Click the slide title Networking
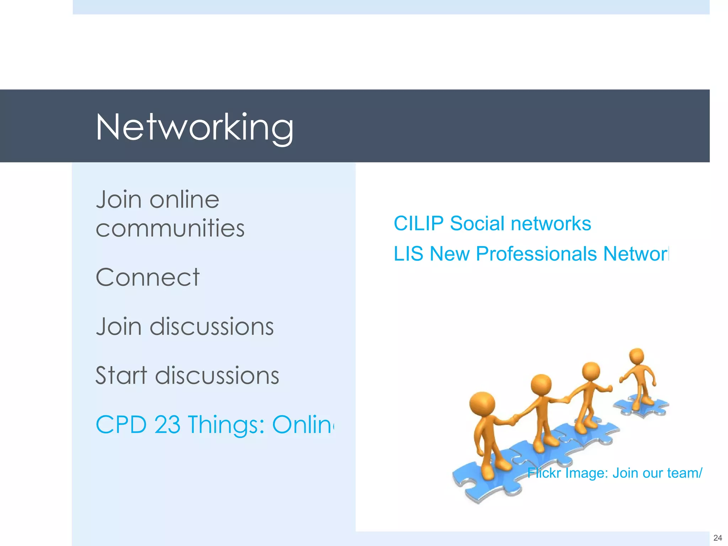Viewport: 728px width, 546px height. click(x=194, y=127)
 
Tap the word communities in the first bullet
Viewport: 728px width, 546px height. click(x=170, y=228)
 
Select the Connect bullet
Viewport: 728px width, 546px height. click(x=148, y=277)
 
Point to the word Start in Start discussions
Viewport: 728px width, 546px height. click(x=121, y=375)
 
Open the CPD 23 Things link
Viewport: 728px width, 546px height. click(x=215, y=424)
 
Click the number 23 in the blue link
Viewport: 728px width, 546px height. click(x=167, y=424)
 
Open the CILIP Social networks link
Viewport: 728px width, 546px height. click(x=492, y=224)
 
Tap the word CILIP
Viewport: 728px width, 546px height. click(x=418, y=224)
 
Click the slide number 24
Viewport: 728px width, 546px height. click(x=717, y=538)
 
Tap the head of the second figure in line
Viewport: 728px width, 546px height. click(x=541, y=385)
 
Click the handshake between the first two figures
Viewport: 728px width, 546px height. click(x=514, y=420)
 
